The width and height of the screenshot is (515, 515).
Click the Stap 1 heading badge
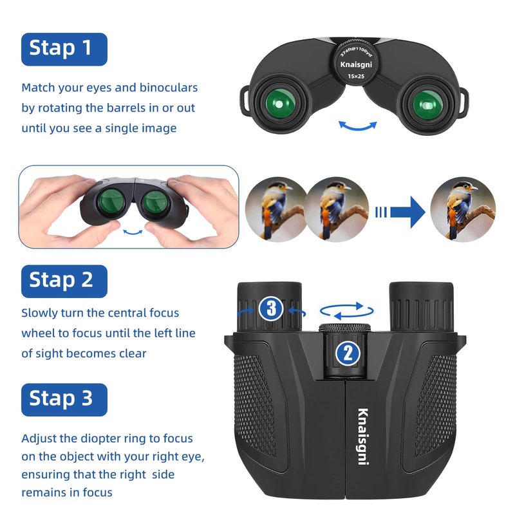coord(64,50)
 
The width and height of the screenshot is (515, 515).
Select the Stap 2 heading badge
coord(64,281)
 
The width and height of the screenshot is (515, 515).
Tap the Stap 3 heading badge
coord(64,399)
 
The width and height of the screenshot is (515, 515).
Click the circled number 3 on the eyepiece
coord(271,308)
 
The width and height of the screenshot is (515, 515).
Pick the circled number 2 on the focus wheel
coord(348,353)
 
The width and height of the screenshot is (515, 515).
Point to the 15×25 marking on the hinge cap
coord(356,76)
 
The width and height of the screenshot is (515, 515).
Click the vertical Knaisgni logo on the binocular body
coord(363,436)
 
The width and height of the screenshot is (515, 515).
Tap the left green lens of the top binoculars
coord(280,104)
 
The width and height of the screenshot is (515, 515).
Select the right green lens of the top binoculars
coord(427,105)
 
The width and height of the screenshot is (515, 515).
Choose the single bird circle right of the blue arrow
coord(463,209)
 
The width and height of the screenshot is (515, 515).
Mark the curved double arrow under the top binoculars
coord(358,126)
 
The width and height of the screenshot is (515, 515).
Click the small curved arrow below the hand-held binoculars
coord(133,233)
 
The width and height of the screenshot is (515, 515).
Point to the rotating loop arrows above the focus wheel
coord(347,311)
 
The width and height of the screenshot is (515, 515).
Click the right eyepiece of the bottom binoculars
coord(422,306)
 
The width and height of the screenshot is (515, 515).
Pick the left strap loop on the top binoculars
coord(245,101)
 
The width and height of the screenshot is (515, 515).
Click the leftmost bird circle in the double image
coord(276,209)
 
